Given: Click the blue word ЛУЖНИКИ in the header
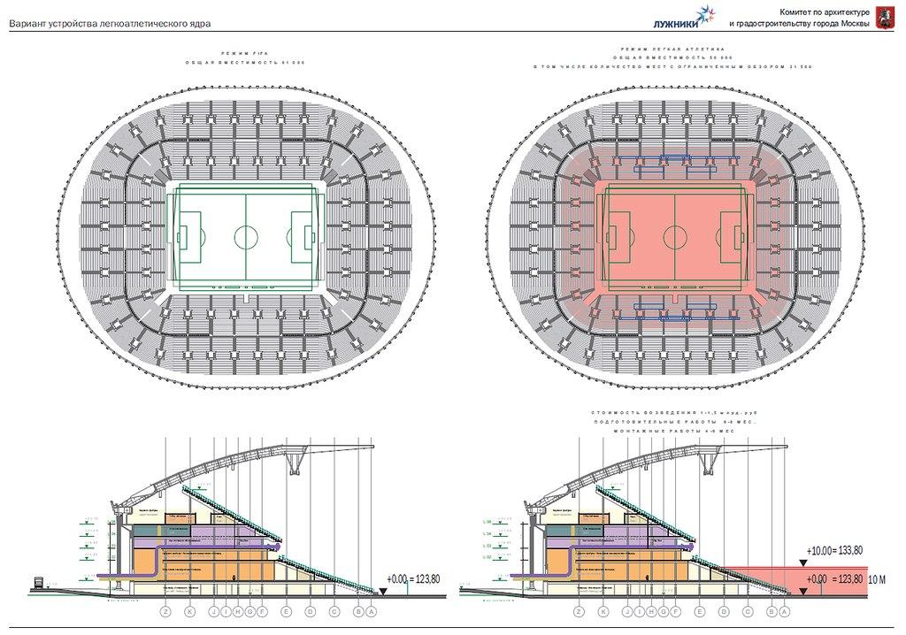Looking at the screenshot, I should (675, 23).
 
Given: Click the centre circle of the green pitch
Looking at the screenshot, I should (246, 237).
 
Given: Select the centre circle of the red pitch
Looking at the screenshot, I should (676, 237).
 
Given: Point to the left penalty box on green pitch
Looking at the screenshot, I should (188, 237).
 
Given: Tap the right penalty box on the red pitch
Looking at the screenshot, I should (733, 237).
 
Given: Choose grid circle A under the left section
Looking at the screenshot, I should (372, 610).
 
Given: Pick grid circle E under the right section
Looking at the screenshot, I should (700, 610).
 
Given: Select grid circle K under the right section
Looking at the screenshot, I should (603, 610).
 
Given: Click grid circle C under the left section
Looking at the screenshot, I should (334, 610).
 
